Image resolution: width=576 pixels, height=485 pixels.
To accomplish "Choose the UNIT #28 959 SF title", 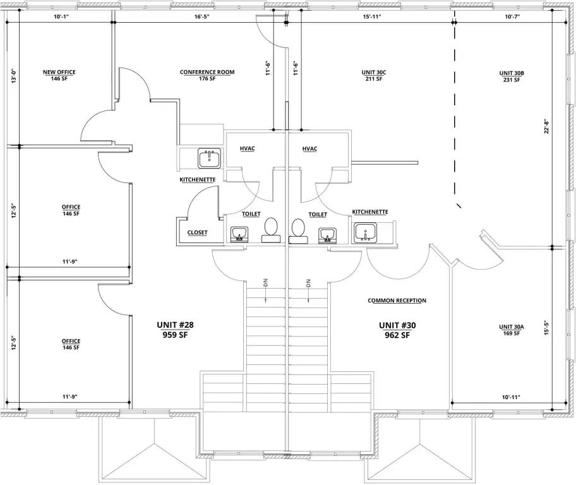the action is (175, 330).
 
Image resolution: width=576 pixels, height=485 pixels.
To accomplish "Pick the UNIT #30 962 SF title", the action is (397, 330).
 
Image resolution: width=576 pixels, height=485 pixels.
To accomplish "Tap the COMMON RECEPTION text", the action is (397, 301).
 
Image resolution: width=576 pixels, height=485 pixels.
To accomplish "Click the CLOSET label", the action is (197, 232).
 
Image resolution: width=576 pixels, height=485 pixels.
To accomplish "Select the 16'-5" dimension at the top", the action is (202, 16).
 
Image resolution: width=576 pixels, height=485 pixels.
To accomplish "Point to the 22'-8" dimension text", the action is (546, 126).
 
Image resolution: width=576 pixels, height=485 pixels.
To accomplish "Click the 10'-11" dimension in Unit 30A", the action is (511, 397).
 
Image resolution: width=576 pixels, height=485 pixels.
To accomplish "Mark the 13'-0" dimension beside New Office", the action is (14, 76).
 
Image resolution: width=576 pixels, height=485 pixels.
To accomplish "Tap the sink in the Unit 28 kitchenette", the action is (210, 159).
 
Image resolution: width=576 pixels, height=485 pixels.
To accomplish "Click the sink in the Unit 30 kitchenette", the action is (365, 233).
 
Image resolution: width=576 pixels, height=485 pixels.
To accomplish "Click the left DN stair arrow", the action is (266, 290).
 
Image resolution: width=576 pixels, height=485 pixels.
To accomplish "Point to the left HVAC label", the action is (247, 148).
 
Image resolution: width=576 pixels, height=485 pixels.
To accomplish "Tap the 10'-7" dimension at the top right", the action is (512, 16).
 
